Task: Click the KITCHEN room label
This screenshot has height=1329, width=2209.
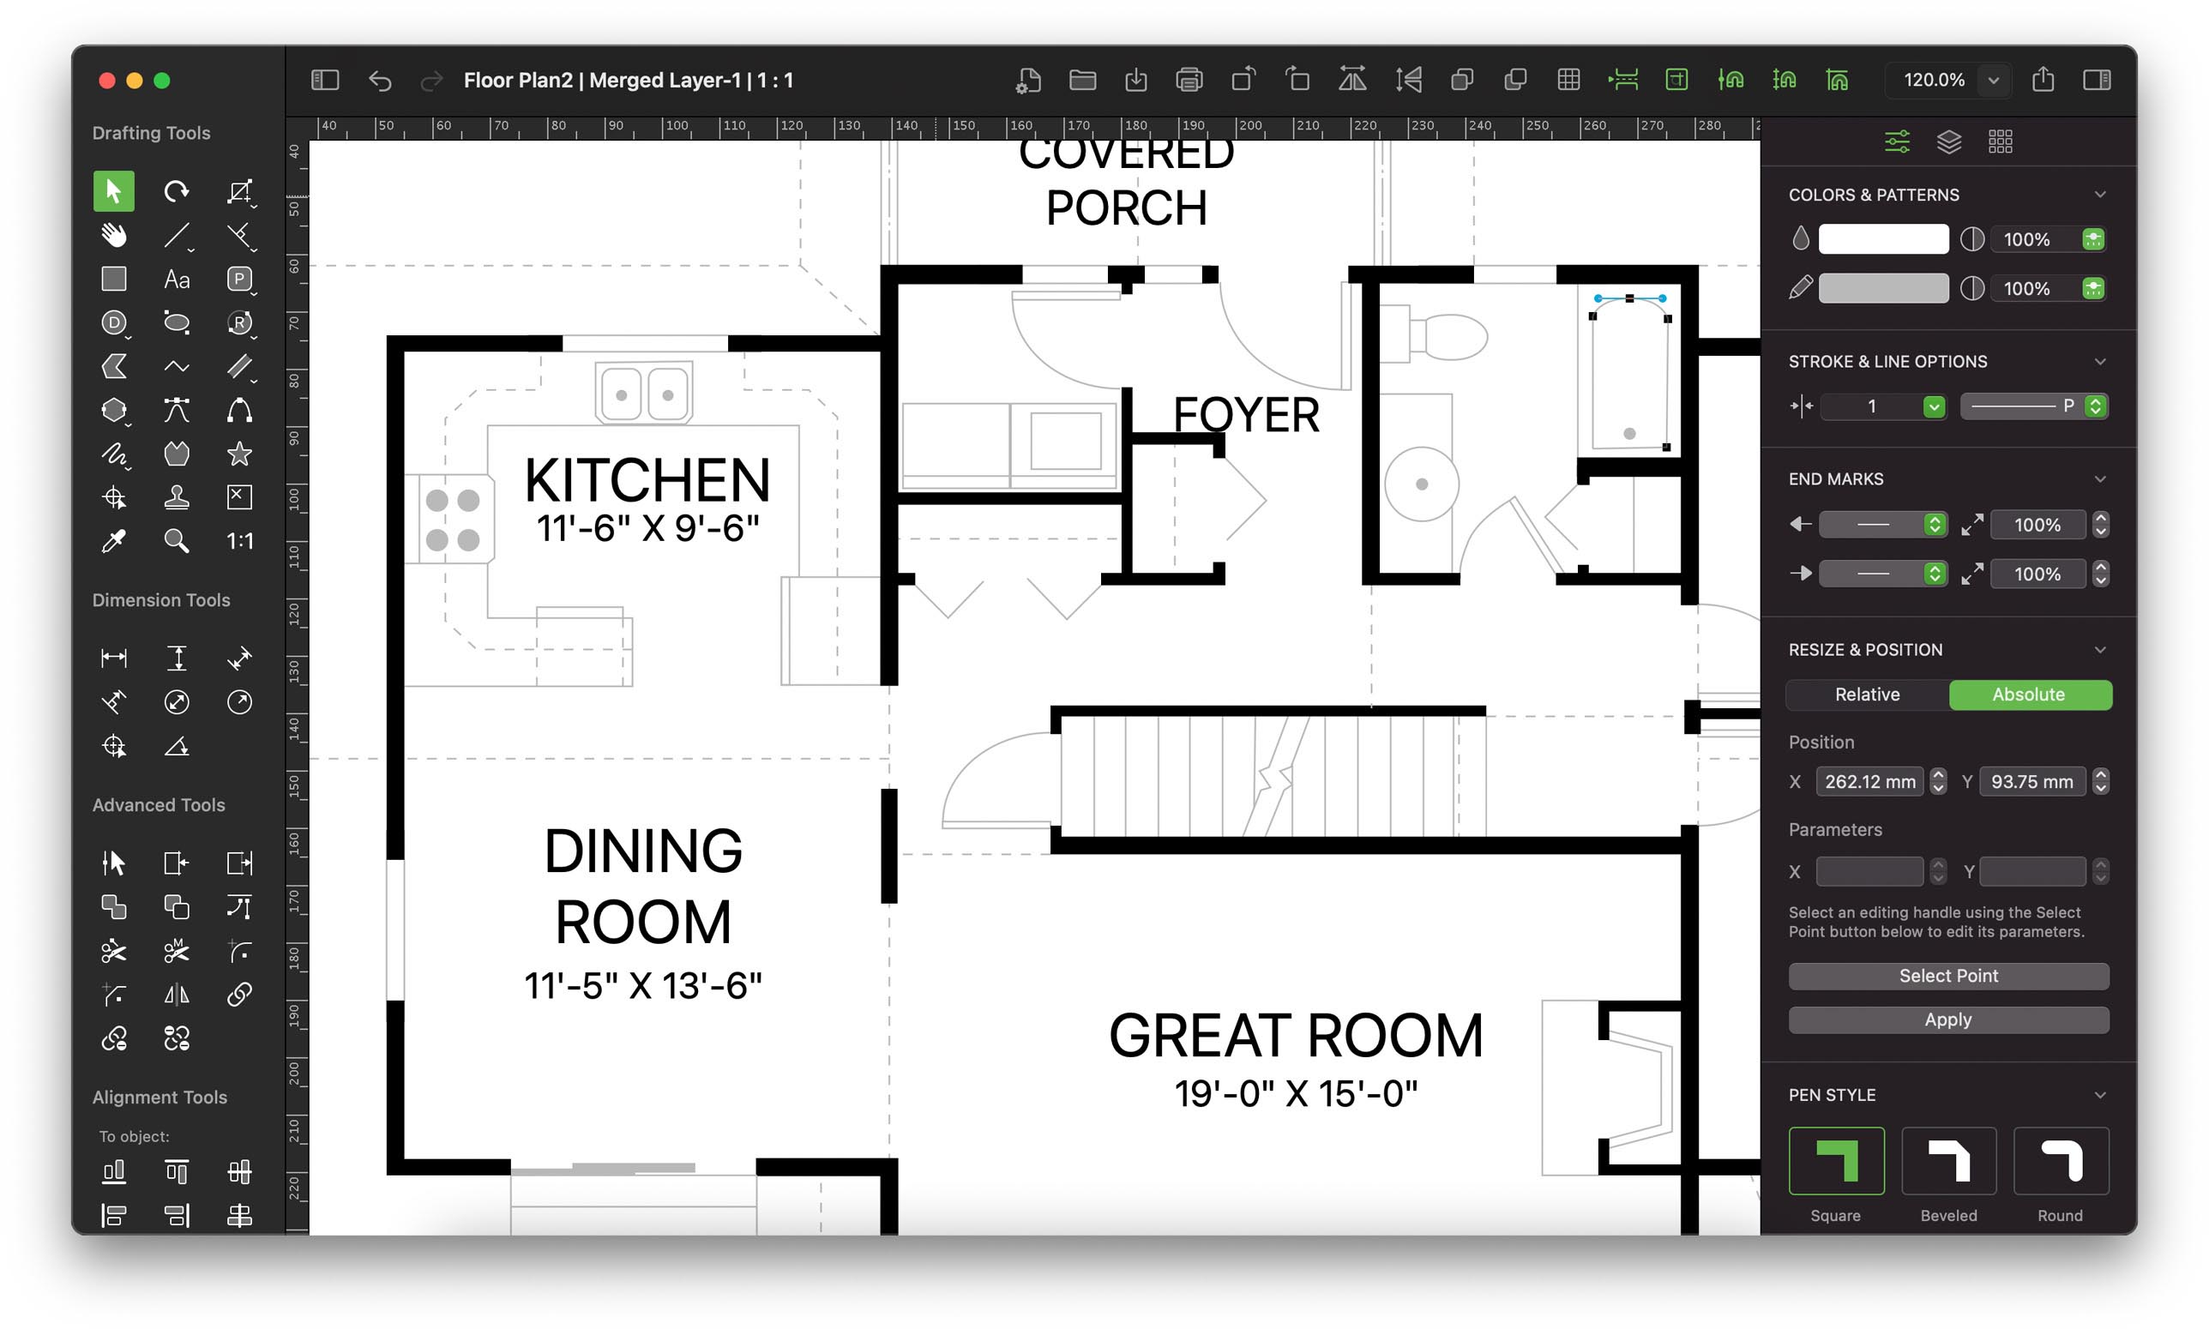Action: coord(647,480)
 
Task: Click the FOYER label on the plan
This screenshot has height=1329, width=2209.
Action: coord(1245,415)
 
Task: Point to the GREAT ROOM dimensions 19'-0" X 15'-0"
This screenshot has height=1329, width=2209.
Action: coord(1295,1093)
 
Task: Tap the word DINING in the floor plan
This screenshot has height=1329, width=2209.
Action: coord(643,851)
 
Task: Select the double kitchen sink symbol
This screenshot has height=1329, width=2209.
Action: coord(644,394)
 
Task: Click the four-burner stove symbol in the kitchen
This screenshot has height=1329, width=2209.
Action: coord(452,520)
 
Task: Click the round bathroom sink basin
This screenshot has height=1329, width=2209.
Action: coord(1421,484)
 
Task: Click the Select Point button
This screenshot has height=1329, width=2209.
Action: coord(1947,975)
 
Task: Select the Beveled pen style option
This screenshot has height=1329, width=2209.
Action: coord(1947,1161)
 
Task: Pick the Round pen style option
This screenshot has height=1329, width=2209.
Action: coord(2060,1161)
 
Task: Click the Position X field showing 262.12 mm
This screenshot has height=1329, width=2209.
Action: coord(1869,781)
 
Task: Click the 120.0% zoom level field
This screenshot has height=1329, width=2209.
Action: coord(1933,80)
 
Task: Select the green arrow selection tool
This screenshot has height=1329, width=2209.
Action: coord(114,190)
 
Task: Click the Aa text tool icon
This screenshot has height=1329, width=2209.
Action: coord(177,280)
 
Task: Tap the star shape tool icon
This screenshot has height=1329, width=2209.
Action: coord(239,454)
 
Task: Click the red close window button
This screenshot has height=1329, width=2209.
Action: coord(106,81)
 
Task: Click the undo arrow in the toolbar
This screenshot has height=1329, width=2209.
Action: coord(380,81)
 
